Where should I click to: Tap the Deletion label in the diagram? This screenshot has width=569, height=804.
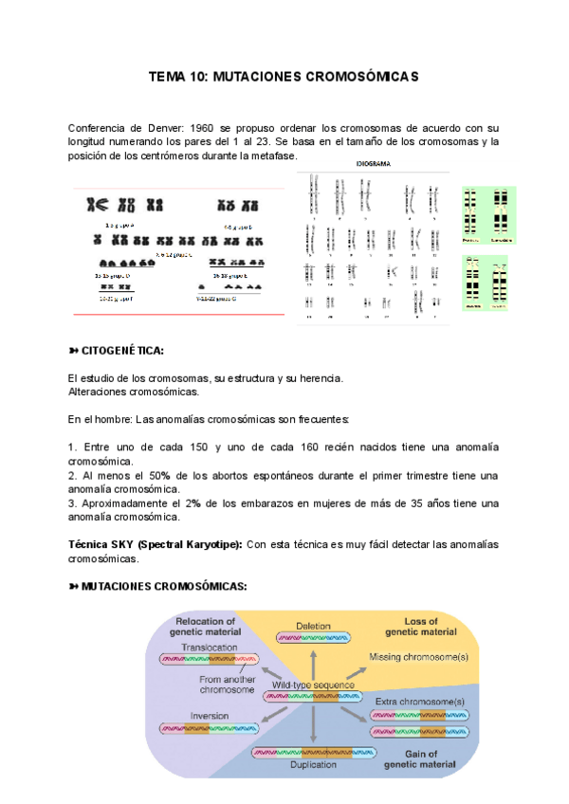(313, 626)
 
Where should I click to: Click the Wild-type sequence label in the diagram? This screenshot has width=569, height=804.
(313, 685)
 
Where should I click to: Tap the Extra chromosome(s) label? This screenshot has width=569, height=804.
(420, 701)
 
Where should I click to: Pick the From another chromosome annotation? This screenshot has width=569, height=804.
(230, 685)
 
